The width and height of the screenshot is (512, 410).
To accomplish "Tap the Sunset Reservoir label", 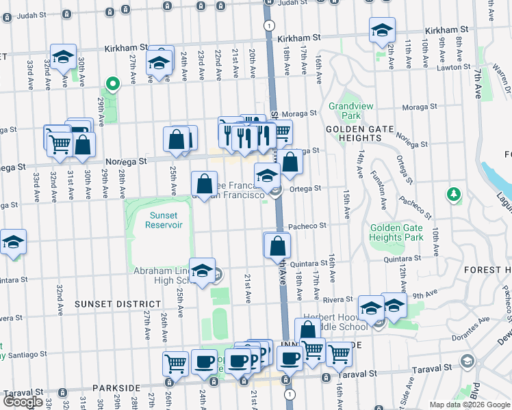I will click(159, 220).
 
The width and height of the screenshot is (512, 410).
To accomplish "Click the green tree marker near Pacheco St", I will click(452, 195).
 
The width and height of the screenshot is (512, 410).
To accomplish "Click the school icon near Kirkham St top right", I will click(382, 30).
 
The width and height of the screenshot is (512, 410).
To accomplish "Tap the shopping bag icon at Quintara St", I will click(278, 246).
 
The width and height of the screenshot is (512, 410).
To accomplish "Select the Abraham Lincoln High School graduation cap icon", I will click(202, 271).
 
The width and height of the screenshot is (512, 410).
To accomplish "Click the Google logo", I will click(23, 402).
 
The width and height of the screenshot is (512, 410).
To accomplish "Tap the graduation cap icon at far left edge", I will click(13, 242).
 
